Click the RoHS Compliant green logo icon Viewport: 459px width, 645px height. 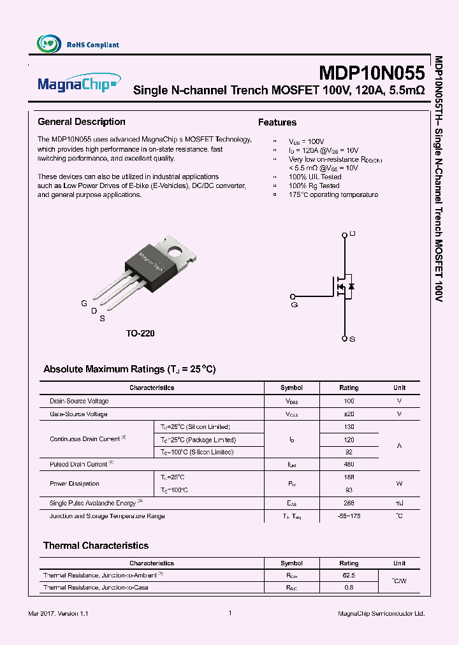click(x=48, y=44)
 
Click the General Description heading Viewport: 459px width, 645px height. click(x=82, y=122)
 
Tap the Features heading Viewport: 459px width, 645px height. click(x=277, y=122)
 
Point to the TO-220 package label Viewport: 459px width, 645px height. click(x=140, y=333)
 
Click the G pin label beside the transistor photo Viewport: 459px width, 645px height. click(x=84, y=303)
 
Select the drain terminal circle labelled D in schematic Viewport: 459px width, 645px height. click(x=345, y=235)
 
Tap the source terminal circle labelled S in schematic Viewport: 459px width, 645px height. click(x=345, y=338)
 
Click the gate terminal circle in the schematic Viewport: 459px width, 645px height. click(x=293, y=296)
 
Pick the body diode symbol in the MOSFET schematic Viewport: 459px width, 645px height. click(x=351, y=287)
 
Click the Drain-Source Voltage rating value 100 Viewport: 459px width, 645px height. click(x=349, y=402)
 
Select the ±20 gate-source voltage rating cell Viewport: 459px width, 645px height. click(x=349, y=414)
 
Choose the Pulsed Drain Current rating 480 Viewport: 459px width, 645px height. click(x=349, y=465)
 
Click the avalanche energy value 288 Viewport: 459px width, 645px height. click(x=349, y=504)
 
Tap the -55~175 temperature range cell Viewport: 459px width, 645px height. click(x=349, y=516)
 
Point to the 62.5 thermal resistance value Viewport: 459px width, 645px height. click(x=349, y=575)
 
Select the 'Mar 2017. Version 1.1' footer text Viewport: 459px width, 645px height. click(x=58, y=613)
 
